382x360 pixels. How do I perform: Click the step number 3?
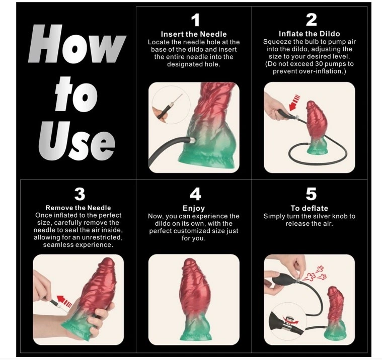click(x=79, y=194)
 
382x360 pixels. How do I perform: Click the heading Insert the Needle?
click(x=194, y=34)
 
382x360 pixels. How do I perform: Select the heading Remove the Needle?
click(x=78, y=208)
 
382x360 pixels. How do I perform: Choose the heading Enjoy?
click(x=194, y=208)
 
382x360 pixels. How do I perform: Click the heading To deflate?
click(x=309, y=208)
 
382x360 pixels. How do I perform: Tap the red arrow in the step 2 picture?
click(x=294, y=102)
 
